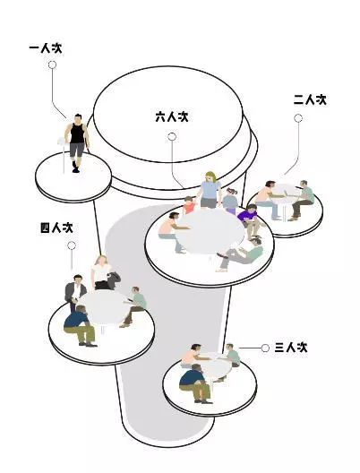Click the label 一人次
pos(46,48)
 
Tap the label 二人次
pos(310,99)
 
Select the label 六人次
pos(172,116)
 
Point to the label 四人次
pos(56,228)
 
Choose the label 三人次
pos(291,348)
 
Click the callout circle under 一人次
pos(52,64)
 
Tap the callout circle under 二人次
pos(298,118)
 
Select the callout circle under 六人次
pos(172,137)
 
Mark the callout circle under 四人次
pos(72,245)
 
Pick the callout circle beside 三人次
pos(265,348)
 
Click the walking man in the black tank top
pos(77,142)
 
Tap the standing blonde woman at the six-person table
pos(209,189)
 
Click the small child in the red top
pos(189,205)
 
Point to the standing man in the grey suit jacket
pos(74,291)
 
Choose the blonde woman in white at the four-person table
pos(102,272)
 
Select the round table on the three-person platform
pos(215,365)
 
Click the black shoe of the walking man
pos(76,170)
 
